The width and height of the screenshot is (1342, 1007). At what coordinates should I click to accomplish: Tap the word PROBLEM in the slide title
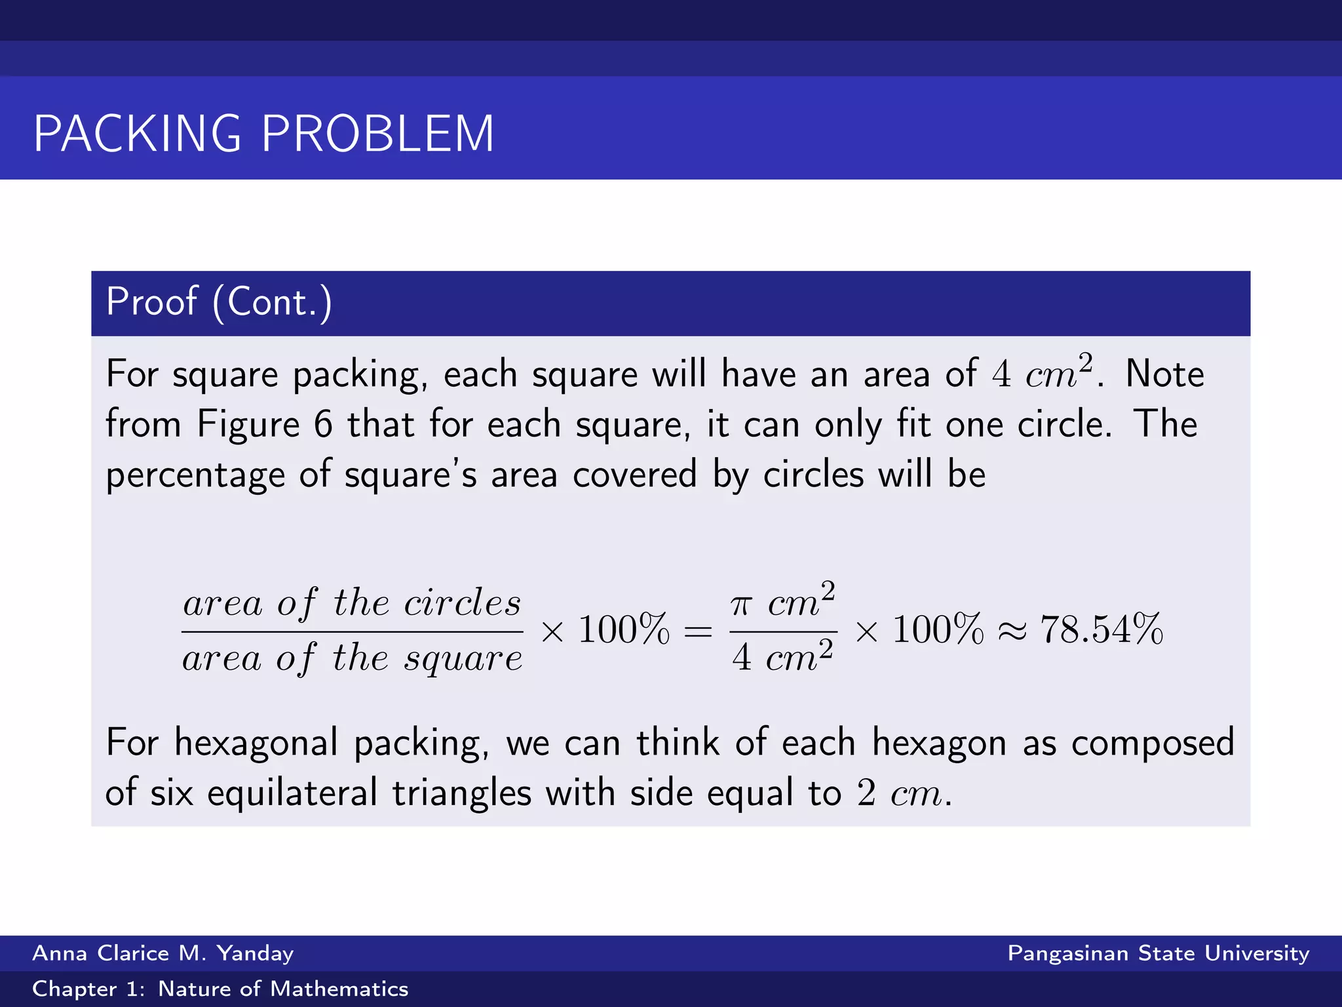tap(377, 134)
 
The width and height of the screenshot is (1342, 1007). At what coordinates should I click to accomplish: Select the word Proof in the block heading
tap(151, 302)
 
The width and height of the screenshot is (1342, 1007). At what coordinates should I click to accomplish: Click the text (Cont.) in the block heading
tap(272, 302)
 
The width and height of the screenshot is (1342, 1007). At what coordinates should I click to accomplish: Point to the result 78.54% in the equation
tap(1102, 630)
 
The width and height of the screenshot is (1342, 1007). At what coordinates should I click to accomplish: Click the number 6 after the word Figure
tap(323, 424)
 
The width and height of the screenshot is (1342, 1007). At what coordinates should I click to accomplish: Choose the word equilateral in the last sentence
tap(292, 793)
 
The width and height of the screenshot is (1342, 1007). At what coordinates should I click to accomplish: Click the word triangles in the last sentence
tap(461, 793)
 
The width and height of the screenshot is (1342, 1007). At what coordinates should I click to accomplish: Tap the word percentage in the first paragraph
tap(195, 475)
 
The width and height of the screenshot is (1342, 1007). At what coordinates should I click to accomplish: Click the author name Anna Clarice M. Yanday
tap(163, 953)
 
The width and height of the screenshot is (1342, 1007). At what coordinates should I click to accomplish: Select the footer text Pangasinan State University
tap(1158, 953)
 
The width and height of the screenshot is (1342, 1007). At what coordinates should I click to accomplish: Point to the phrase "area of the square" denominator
tap(352, 658)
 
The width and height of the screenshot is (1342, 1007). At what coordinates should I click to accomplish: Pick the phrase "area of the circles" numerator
tap(352, 602)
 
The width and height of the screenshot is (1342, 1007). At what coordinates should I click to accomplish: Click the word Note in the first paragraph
tap(1164, 374)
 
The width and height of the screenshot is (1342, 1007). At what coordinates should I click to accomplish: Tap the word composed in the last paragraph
tap(1153, 743)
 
